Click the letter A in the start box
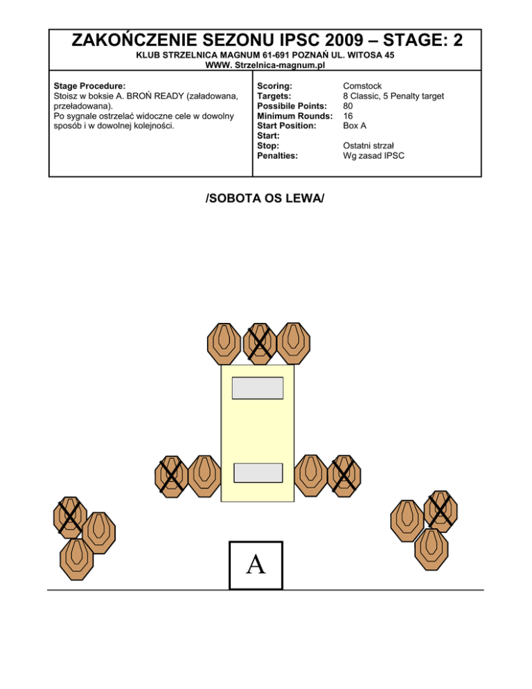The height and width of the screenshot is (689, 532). tap(256, 564)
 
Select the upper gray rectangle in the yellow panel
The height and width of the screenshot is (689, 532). tap(257, 388)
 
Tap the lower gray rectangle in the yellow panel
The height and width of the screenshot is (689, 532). tap(258, 473)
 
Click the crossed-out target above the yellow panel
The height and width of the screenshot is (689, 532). tap(259, 342)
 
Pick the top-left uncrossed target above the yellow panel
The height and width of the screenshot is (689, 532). tap(223, 342)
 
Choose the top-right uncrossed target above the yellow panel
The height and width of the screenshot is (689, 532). tap(294, 342)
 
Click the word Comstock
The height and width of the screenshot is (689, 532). tap(362, 87)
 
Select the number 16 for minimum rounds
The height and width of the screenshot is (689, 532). tap(348, 116)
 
